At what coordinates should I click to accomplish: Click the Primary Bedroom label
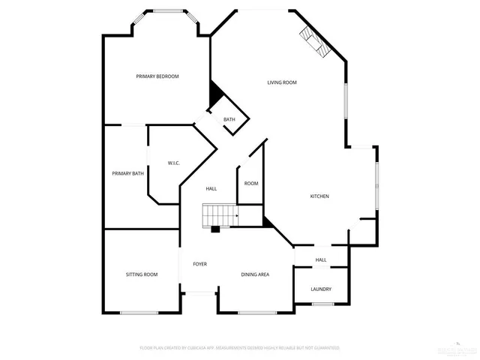pos(157,76)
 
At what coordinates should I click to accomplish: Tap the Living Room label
pos(282,82)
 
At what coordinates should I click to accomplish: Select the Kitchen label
pos(320,196)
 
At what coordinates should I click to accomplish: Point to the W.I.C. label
pos(173,163)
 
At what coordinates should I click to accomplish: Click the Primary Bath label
pos(127,174)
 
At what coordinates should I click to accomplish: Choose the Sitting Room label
pos(141,274)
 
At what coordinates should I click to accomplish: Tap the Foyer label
pos(199,264)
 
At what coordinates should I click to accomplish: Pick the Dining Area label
pos(255,274)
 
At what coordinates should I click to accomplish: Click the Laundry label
pos(321,289)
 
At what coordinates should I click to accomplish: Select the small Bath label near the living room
pos(229,119)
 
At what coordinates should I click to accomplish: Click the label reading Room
pos(251,184)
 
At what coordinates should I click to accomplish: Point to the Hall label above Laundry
pos(321,260)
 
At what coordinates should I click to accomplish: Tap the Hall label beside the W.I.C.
pos(211,188)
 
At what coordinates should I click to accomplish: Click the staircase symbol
pos(220,216)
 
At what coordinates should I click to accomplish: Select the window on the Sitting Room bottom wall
pos(139,313)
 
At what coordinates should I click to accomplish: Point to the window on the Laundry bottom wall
pos(322,304)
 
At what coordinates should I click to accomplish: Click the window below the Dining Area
pos(257,313)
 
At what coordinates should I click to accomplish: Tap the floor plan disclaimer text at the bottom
pos(240,348)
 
